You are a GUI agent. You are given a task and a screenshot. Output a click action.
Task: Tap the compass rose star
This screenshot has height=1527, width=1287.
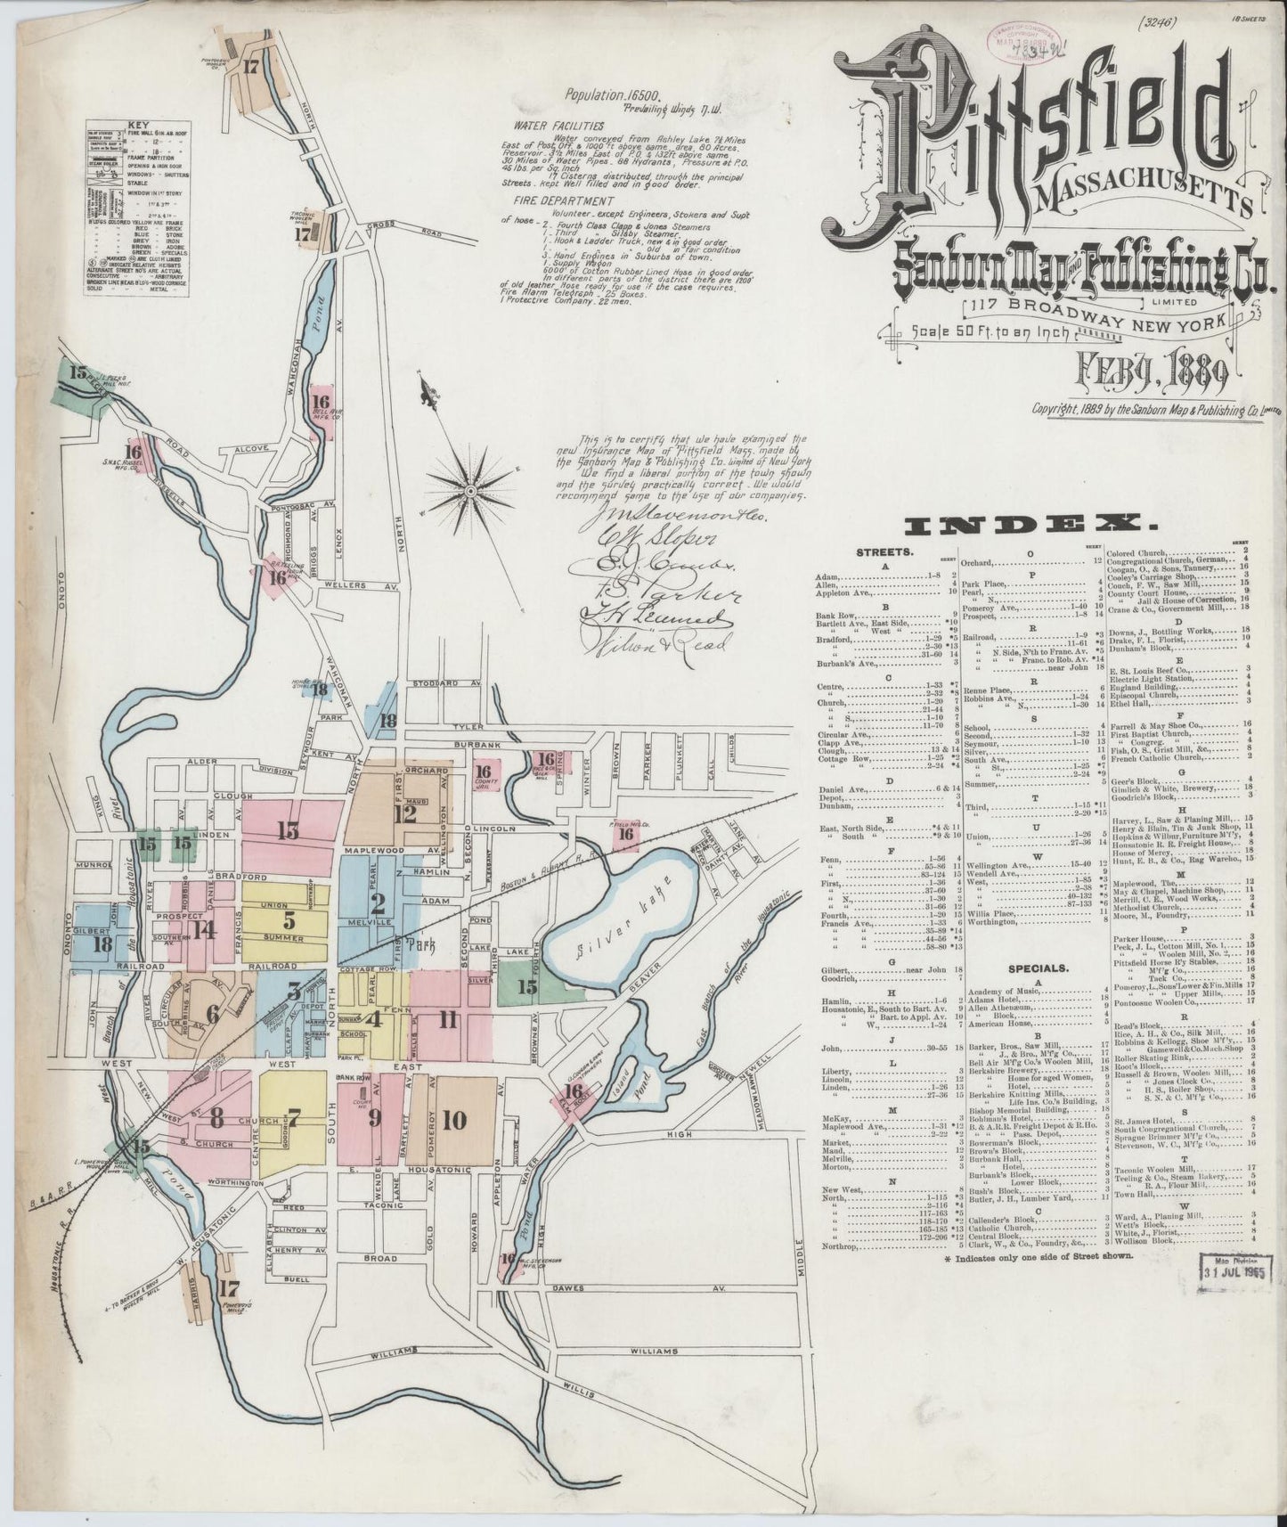(469, 489)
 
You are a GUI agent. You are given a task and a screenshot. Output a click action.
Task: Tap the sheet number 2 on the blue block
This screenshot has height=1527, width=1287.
(378, 905)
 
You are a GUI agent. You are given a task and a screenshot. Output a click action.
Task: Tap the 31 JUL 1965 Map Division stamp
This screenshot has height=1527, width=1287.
(1236, 1268)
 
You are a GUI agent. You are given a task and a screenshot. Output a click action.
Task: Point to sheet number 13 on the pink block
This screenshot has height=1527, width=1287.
(287, 830)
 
